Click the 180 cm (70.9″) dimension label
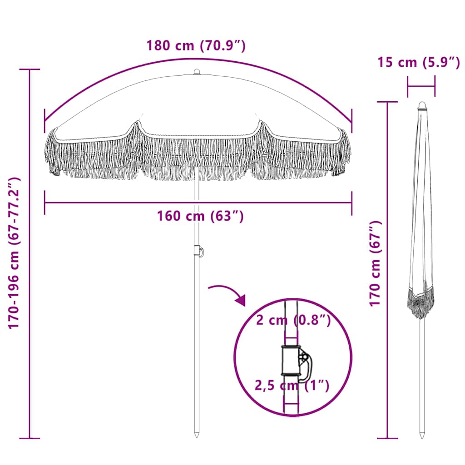(196, 46)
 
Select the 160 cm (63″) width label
(200, 216)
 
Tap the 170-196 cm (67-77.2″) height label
(15, 253)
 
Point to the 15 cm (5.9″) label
(419, 62)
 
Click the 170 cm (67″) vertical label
(375, 263)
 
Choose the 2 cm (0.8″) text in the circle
(293, 321)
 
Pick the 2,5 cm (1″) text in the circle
(291, 386)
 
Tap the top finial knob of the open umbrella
(197, 72)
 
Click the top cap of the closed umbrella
(422, 105)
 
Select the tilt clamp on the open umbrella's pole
(198, 251)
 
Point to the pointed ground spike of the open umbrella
(197, 434)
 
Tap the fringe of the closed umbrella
(420, 302)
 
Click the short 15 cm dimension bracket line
(421, 86)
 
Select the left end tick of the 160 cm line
(45, 203)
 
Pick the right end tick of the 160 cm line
(352, 203)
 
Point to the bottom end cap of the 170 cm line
(387, 438)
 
